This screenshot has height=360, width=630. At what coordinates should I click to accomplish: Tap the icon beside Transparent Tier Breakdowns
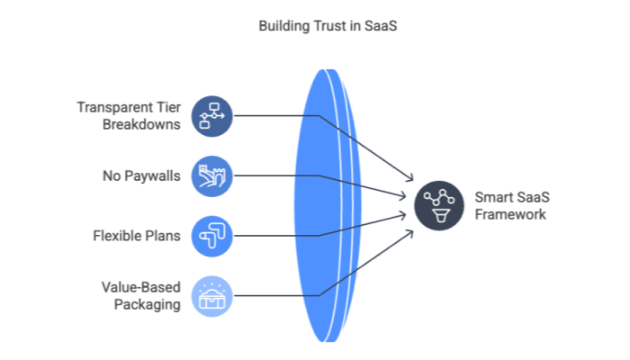point(213,115)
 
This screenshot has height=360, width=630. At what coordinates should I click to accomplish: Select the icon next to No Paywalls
point(213,175)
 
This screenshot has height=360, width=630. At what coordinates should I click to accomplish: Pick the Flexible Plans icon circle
point(213,236)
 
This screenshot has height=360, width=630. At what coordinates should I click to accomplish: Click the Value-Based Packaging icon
point(213,296)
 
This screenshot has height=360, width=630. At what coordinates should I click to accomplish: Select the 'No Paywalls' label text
point(142,175)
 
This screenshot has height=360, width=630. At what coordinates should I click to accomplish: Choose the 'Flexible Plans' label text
point(136,236)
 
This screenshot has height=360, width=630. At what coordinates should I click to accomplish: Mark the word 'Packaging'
point(148,304)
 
